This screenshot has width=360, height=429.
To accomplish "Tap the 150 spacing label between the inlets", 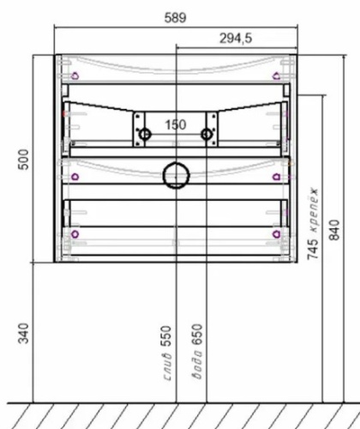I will [175, 125].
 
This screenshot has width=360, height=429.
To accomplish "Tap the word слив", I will [168, 372].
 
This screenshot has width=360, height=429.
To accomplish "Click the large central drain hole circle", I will [176, 174].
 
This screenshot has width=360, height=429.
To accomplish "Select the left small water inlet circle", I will [145, 134].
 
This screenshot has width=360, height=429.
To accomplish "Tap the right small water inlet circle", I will [206, 134].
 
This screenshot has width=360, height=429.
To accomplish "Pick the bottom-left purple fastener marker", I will [74, 233].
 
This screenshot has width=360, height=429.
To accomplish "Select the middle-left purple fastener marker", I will [74, 176].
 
